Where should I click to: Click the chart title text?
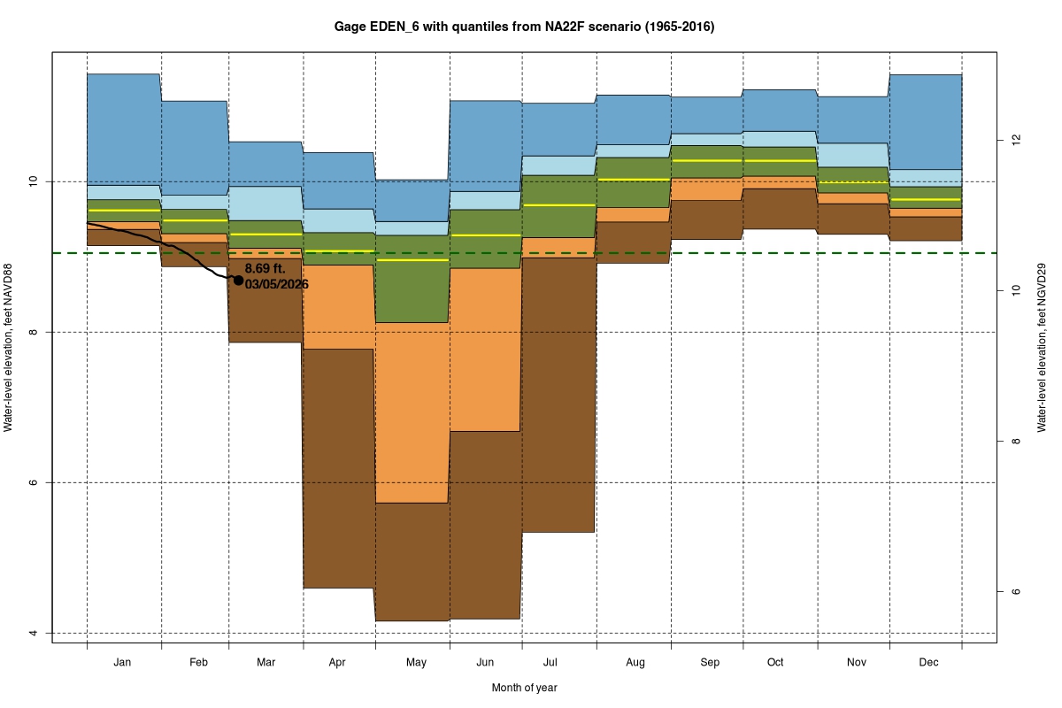pos(524,27)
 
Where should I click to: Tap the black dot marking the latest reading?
pos(238,280)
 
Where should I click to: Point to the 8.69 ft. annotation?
pos(265,268)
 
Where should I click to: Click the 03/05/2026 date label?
pos(276,284)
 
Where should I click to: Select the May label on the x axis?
pos(416,662)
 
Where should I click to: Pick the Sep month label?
pos(710,662)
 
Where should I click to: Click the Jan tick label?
pos(123,662)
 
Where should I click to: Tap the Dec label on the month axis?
pos(928,662)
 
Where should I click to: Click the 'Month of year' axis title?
pos(524,688)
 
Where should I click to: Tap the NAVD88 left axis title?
pos(8,348)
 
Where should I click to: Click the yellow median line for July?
pos(559,204)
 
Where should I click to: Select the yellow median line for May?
pos(412,260)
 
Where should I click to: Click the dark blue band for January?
pos(123,128)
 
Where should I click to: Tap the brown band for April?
pos(339,469)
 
